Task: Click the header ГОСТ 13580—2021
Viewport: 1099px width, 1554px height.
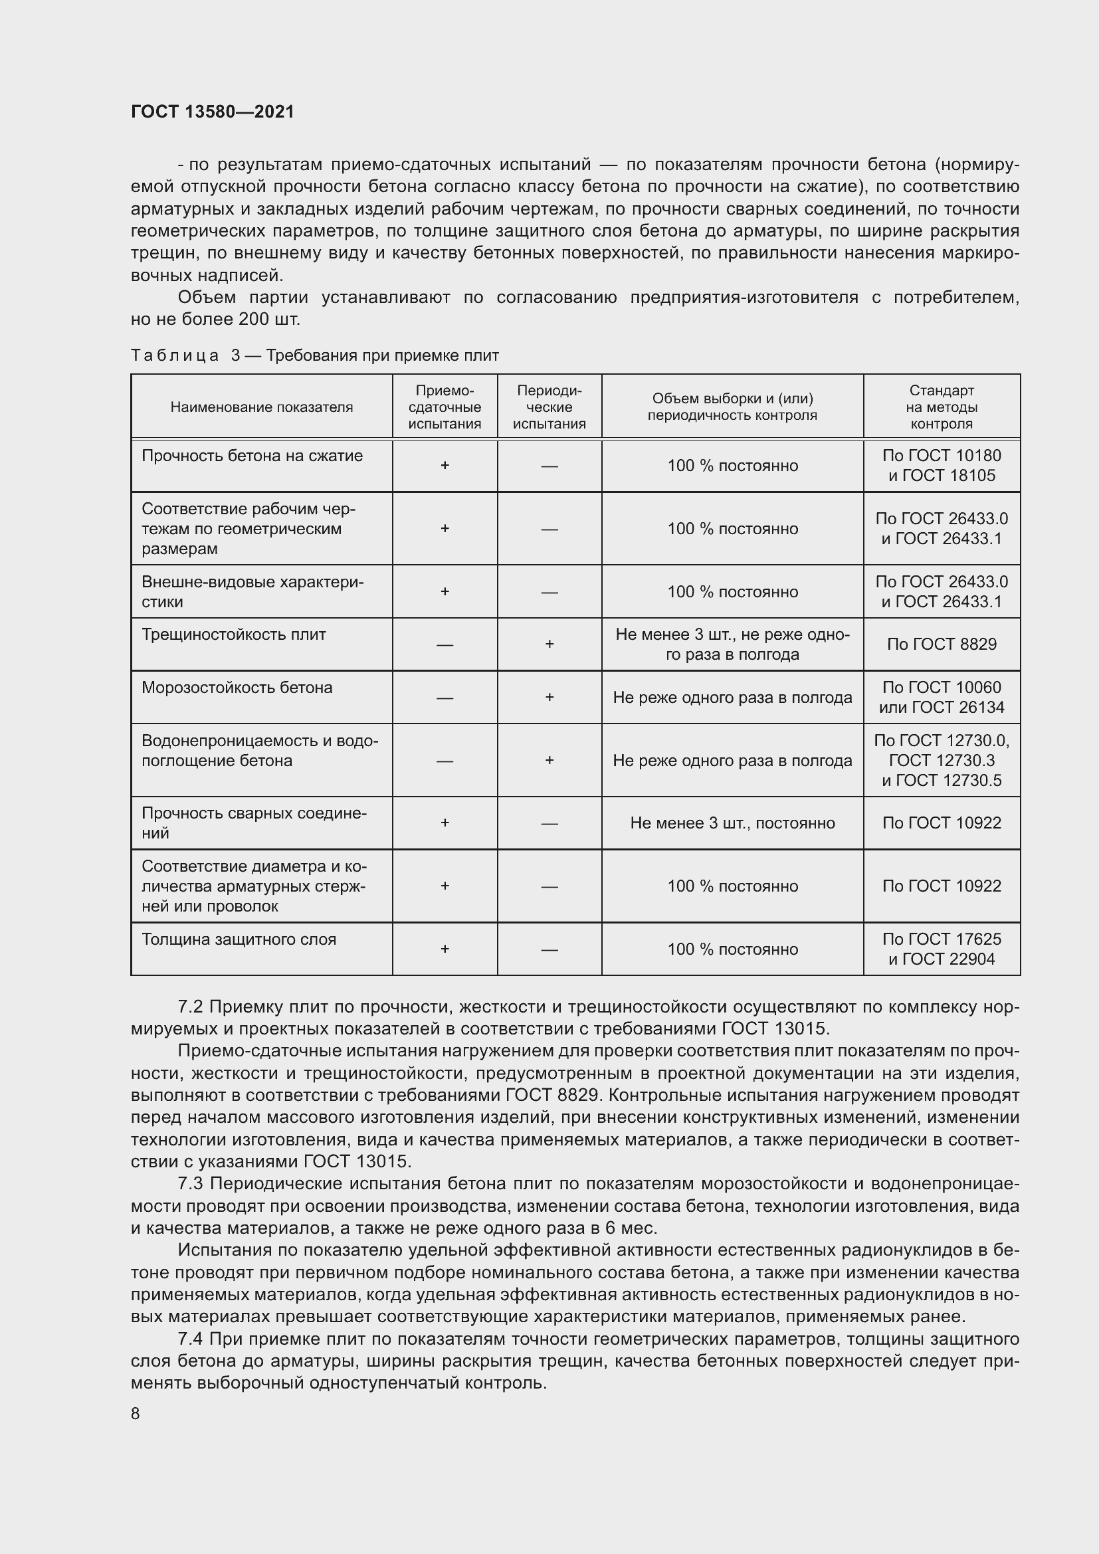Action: pyautogui.click(x=213, y=112)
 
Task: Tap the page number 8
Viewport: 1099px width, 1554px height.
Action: pyautogui.click(x=136, y=1413)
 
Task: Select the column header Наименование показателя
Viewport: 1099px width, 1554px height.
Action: pyautogui.click(x=261, y=407)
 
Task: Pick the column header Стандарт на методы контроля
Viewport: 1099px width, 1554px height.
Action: pyautogui.click(x=941, y=407)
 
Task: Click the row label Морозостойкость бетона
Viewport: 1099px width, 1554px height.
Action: pyautogui.click(x=237, y=688)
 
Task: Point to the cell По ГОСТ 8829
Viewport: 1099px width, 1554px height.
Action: pyautogui.click(x=941, y=644)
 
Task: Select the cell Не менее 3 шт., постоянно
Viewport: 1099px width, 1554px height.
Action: pyautogui.click(x=732, y=823)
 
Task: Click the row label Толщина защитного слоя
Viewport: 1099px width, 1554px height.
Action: pyautogui.click(x=239, y=939)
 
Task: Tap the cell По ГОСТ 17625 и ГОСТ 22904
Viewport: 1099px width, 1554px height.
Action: pyautogui.click(x=941, y=949)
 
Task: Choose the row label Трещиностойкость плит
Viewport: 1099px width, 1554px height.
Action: pyautogui.click(x=233, y=635)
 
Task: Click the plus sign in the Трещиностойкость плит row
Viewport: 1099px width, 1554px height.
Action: pyautogui.click(x=549, y=644)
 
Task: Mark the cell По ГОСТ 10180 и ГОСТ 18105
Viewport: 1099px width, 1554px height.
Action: pyautogui.click(x=941, y=466)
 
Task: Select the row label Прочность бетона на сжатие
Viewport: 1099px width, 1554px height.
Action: pyautogui.click(x=252, y=456)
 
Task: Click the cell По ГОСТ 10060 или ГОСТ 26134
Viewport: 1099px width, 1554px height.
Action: pyautogui.click(x=941, y=697)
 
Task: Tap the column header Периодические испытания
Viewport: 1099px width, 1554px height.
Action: pyautogui.click(x=549, y=407)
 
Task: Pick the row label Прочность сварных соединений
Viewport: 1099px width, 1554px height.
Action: pyautogui.click(x=254, y=823)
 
